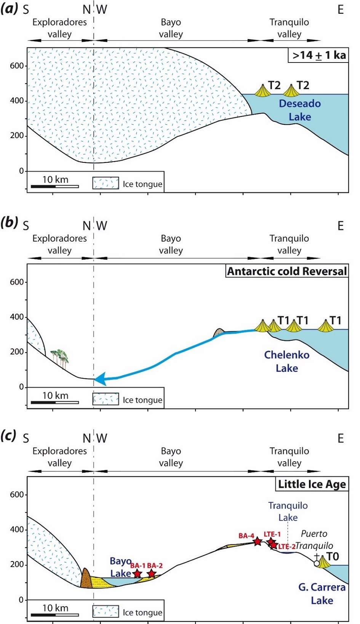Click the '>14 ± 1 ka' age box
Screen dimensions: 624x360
point(318,55)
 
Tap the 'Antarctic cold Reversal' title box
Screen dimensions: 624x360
point(286,271)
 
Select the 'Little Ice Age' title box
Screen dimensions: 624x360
point(312,484)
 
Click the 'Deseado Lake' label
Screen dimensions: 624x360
point(300,110)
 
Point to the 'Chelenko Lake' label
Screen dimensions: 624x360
point(287,361)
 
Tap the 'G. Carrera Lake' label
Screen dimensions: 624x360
point(322,594)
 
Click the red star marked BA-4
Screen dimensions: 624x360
point(258,541)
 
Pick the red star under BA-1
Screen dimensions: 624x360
point(137,574)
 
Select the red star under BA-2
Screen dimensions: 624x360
point(152,573)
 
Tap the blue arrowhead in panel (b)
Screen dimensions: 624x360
point(100,379)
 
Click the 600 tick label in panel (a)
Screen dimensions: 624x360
point(17,66)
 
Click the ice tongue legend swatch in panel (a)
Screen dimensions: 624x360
point(106,183)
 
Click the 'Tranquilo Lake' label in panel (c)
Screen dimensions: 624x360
point(288,511)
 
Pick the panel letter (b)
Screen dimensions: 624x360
point(9,222)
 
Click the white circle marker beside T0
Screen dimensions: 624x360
point(317,563)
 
